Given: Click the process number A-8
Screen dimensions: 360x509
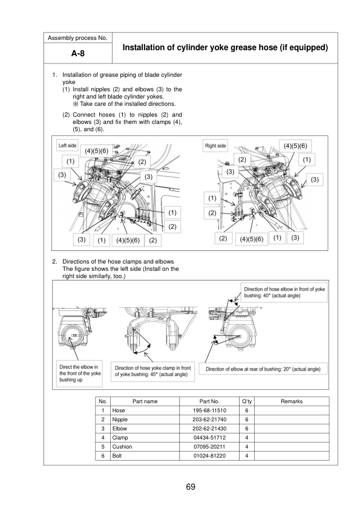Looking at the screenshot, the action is [x=78, y=53].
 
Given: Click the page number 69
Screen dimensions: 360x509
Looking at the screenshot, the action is [x=191, y=487].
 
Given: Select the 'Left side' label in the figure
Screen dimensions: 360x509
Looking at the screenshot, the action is [x=68, y=146].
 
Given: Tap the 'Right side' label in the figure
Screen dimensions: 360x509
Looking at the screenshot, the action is [x=215, y=146].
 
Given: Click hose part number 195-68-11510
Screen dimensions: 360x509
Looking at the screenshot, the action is [x=209, y=410].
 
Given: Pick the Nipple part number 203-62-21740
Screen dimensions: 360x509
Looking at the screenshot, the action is [x=209, y=420].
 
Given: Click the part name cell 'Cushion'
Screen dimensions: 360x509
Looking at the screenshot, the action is [x=122, y=447].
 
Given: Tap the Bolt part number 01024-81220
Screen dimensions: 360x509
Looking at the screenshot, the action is [x=209, y=456].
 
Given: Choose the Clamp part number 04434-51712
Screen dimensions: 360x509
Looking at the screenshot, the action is [x=209, y=438].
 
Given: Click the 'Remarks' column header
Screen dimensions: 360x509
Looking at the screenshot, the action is [x=292, y=401].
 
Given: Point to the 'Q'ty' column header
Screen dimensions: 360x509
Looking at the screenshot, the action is [x=247, y=401].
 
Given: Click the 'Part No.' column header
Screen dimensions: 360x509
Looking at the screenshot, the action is [x=209, y=401].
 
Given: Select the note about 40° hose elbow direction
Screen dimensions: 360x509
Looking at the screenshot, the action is [x=284, y=292].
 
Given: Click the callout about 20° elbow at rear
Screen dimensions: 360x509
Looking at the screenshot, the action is [x=263, y=369].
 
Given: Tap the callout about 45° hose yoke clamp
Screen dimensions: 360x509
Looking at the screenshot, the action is [x=152, y=371].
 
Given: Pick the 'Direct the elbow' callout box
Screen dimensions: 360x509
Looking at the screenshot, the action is [x=80, y=374].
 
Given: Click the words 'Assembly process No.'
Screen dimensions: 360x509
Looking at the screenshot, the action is [x=77, y=38].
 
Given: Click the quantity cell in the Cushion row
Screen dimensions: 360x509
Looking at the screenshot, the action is [x=247, y=447].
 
